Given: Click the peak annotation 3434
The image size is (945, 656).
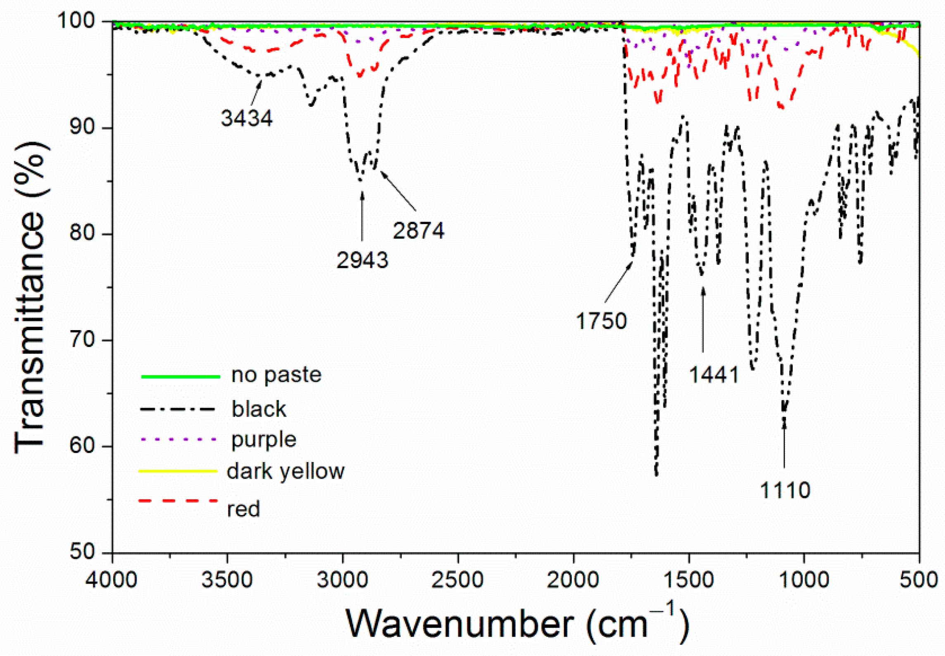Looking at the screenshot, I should coord(247,118).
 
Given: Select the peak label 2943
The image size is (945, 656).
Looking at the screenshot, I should coord(362,260).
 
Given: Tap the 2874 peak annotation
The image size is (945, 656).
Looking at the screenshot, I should coord(419,230).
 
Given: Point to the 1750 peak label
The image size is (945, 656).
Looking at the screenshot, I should coord(601,321).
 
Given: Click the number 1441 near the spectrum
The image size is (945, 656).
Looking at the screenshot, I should coord(714,375).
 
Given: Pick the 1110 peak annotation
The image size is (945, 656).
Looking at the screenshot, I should coord(785,491).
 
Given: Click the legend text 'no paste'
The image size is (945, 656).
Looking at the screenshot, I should coord(276,375).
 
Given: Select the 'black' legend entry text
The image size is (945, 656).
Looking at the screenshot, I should coord(259,409).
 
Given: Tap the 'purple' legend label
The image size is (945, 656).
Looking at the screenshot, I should coord(264,440).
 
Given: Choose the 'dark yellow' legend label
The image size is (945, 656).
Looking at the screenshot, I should coord(286,472).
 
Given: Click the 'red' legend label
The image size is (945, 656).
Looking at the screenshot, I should coord(244,509).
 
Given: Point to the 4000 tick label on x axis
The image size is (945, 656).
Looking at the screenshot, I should coord(111,580).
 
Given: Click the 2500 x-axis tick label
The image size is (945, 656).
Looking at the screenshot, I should coord(457,580).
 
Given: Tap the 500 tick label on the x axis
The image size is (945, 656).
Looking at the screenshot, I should coord(919,580).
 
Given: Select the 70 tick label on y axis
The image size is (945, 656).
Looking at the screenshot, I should coord(82,340).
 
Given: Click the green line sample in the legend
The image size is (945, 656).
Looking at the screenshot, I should coord(181,376).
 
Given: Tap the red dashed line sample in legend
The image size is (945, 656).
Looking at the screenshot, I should coord(178,501).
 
